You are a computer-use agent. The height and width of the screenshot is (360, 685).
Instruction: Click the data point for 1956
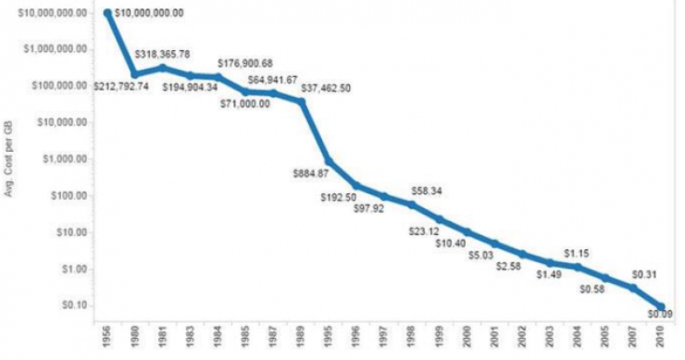pos(108,13)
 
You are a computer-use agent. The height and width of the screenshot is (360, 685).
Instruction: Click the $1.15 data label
pos(577,253)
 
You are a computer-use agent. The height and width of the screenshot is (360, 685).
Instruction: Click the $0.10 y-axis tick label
pos(71,305)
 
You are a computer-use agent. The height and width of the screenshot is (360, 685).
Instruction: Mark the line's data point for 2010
pos(660,304)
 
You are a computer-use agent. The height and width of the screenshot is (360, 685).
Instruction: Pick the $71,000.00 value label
pos(245,103)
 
